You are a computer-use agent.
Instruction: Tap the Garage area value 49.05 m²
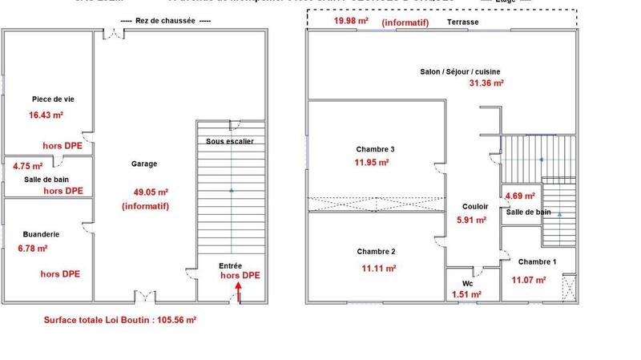(151, 192)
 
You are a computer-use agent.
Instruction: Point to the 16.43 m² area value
(46, 115)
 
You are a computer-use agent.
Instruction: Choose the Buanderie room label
(42, 234)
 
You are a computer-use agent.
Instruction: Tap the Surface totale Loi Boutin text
(120, 319)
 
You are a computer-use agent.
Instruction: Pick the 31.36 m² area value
(486, 83)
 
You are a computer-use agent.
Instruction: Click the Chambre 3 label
(375, 149)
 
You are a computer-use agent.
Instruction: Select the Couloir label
(476, 205)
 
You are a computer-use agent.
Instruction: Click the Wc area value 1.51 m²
(465, 294)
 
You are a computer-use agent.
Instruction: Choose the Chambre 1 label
(538, 262)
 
